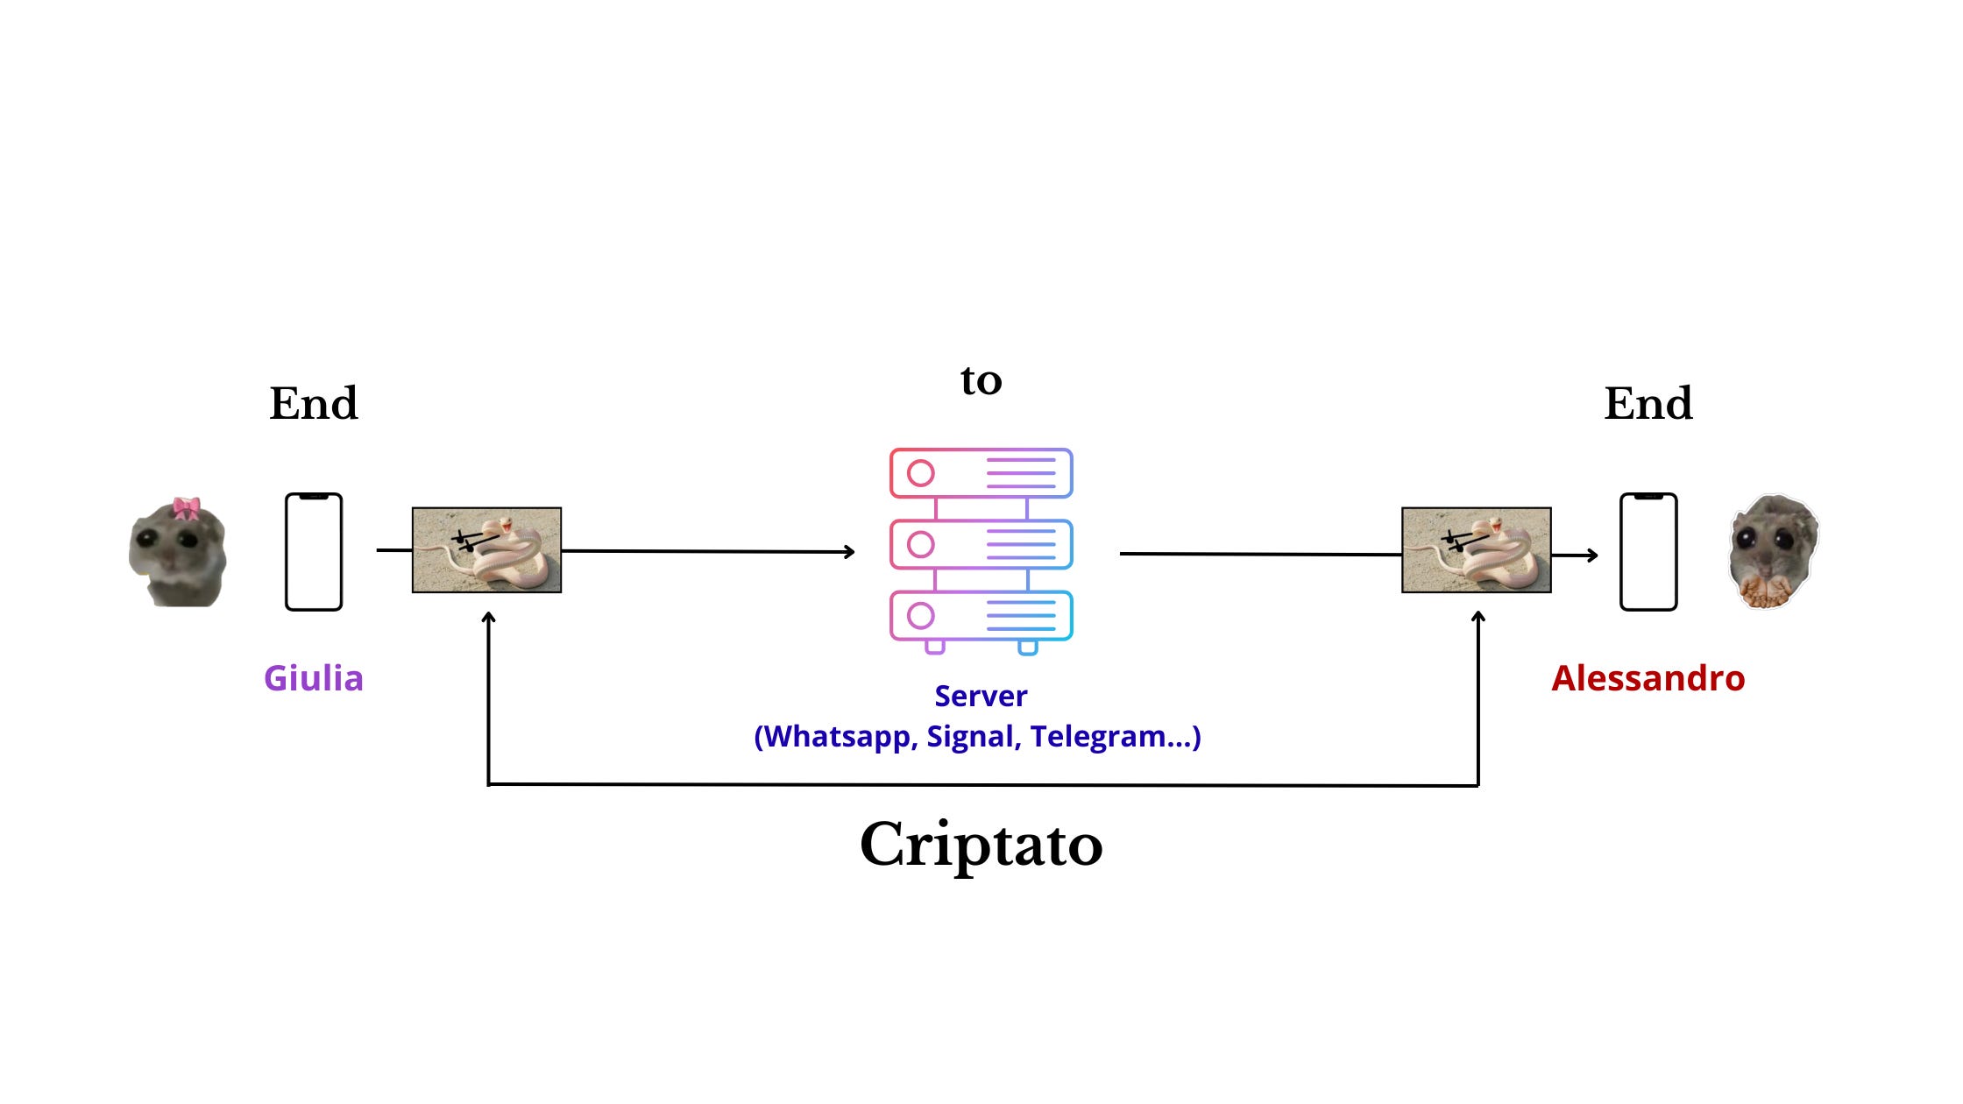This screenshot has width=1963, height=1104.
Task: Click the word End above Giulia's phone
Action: [x=314, y=404]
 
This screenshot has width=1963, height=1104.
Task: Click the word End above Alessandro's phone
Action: [x=1648, y=404]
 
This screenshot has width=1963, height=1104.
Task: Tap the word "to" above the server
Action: [x=981, y=380]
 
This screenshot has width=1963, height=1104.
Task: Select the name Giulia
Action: [x=314, y=678]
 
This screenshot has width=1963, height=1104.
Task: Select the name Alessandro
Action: [x=1648, y=678]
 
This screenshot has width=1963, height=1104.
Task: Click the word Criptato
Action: [x=981, y=845]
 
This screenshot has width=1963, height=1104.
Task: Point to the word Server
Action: [x=981, y=696]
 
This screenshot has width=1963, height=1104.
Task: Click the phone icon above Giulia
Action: [x=314, y=552]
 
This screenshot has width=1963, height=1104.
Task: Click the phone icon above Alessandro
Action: [x=1648, y=552]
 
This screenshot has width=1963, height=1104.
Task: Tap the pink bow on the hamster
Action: [x=186, y=507]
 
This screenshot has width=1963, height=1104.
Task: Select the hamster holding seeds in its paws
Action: [x=1772, y=552]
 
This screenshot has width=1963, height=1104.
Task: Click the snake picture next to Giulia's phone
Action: [x=486, y=550]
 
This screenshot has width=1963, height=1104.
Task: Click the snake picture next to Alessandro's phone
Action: [x=1477, y=550]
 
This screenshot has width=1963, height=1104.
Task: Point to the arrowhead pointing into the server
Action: [x=850, y=551]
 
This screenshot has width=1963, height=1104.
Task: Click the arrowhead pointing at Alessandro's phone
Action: [x=1592, y=555]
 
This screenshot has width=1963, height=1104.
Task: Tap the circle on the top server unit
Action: [x=920, y=473]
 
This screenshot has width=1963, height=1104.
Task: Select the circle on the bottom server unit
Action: [x=920, y=616]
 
